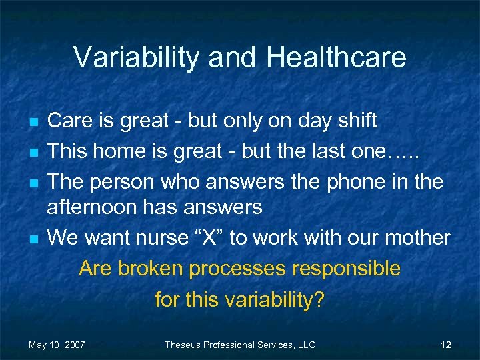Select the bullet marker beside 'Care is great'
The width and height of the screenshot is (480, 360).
(33, 123)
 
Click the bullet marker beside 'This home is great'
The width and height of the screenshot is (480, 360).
(33, 152)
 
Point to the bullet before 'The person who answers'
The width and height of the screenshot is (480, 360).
(33, 181)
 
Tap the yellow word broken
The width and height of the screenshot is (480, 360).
(153, 269)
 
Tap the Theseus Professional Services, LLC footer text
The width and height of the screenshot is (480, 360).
(240, 345)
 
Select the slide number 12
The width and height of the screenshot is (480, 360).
(446, 345)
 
